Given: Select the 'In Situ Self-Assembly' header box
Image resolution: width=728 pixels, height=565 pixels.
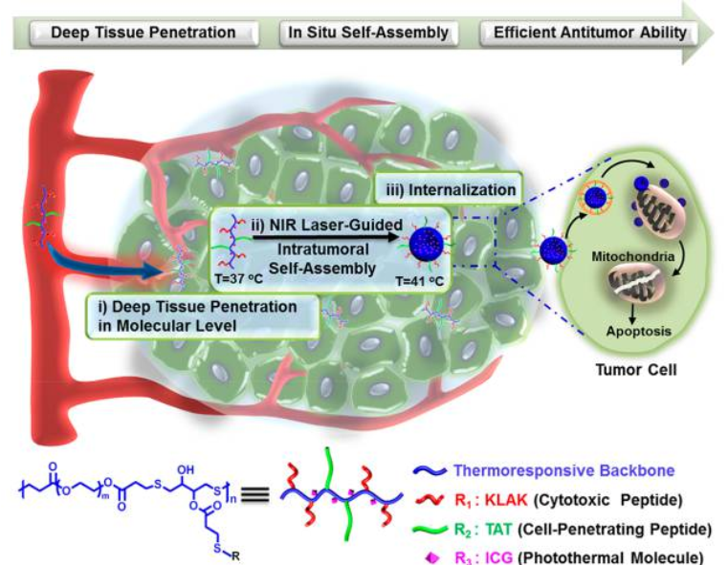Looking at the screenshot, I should [368, 33].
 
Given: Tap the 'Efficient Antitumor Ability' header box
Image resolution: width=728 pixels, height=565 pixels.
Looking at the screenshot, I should [589, 33].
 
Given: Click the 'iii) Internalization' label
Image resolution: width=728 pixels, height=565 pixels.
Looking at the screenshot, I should [449, 190].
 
